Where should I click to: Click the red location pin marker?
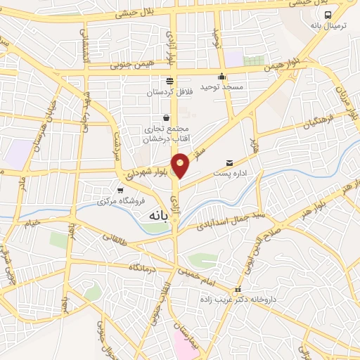point(181,165)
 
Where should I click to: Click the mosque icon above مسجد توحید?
point(222,77)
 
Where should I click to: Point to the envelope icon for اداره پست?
point(229,163)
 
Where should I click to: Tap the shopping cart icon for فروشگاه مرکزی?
point(121,190)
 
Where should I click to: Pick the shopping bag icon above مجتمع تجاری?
point(166,117)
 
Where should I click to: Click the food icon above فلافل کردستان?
point(169,82)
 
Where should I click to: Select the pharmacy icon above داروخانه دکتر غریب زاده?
point(238,290)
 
